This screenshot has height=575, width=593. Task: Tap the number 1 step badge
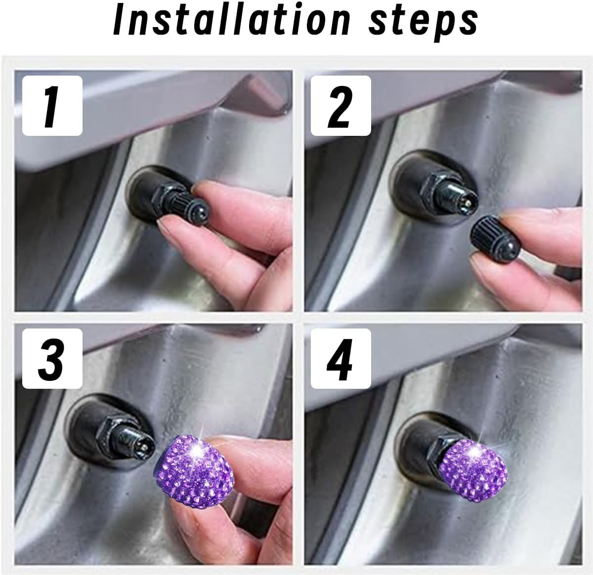52,105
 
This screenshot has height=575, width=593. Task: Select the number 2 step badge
340,105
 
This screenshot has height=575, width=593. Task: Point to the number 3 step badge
52,359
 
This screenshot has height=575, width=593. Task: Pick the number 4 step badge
340,359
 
